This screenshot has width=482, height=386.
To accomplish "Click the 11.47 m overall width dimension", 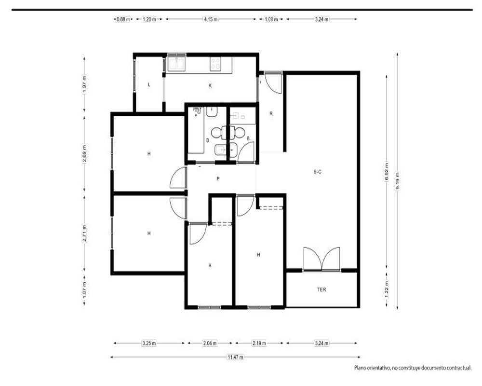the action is point(235,357).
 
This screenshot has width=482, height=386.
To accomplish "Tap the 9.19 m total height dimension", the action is point(398,180).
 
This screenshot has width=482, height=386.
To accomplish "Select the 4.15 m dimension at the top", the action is point(211,19).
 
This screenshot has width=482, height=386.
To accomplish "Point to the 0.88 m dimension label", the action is point(123,19).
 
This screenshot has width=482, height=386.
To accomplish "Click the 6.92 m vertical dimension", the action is point(387,172).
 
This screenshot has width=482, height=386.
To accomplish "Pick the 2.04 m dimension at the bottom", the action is point(210,343).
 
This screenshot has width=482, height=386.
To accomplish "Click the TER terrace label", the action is point(321,289).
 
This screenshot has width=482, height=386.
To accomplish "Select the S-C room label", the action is point(318,172).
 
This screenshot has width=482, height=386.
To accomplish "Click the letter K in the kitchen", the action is point(210,85).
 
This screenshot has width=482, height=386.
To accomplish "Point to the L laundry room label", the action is point(149,84).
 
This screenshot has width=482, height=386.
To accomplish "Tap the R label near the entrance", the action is point(271,113).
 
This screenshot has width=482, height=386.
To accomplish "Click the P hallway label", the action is point(218,179).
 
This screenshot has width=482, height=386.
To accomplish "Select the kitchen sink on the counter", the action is point(176,64).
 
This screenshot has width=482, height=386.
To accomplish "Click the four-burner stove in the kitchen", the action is point(215,64).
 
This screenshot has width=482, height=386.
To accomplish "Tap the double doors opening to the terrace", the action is point(322,259).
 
